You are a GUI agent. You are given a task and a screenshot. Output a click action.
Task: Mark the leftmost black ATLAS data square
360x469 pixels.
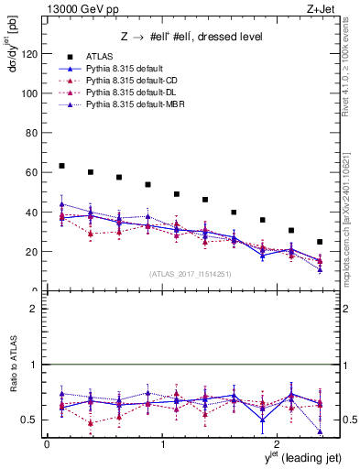(61, 166)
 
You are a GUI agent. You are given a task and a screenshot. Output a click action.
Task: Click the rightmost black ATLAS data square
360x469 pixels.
(320, 242)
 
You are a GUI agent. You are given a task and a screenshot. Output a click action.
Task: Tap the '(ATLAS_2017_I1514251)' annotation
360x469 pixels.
(190, 274)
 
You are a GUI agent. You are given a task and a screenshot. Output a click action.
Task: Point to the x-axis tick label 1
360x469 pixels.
(162, 443)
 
